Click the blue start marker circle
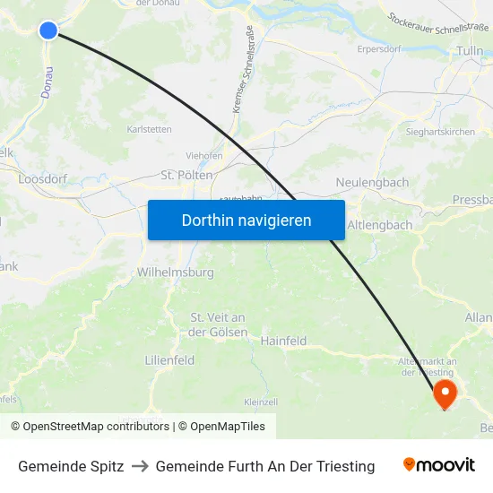[x=48, y=30]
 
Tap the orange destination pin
[x=445, y=394]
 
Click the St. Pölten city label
[x=186, y=175]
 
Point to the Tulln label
[x=471, y=51]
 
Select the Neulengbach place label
[x=372, y=182]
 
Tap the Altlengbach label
[x=379, y=225]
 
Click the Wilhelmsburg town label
[x=175, y=272]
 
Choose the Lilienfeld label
[x=169, y=359]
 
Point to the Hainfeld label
[x=283, y=341]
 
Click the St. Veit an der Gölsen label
[x=218, y=324]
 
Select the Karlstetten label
[x=150, y=129]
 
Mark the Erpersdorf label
[x=378, y=48]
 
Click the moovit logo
[x=438, y=465]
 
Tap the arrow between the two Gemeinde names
[x=140, y=466]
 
